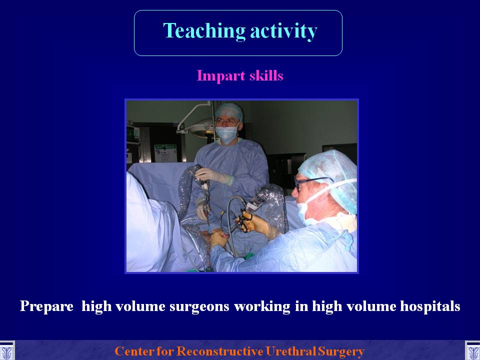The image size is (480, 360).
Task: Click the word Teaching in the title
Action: coord(204,31)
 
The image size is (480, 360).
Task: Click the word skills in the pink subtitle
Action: coord(266,75)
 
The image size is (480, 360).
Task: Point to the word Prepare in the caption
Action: coord(46,306)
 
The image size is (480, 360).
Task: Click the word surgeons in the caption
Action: coord(199,306)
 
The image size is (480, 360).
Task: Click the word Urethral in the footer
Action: coord(290,351)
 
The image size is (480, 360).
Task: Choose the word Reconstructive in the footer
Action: coord(220,351)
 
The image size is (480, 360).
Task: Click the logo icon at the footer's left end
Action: coord(6,351)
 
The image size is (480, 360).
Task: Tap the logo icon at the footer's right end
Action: coord(472,351)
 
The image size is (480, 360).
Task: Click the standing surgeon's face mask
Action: coord(227,134)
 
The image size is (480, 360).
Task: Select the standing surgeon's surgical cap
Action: coord(229,111)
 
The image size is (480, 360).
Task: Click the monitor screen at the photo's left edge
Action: coord(133,134)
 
